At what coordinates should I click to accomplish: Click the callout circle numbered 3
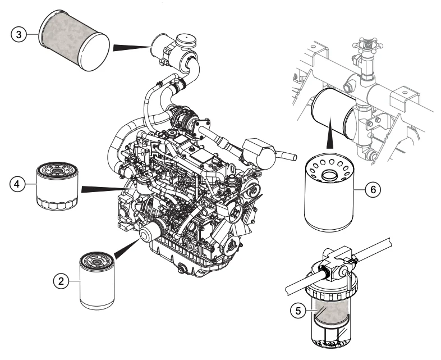pyautogui.click(x=19, y=34)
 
